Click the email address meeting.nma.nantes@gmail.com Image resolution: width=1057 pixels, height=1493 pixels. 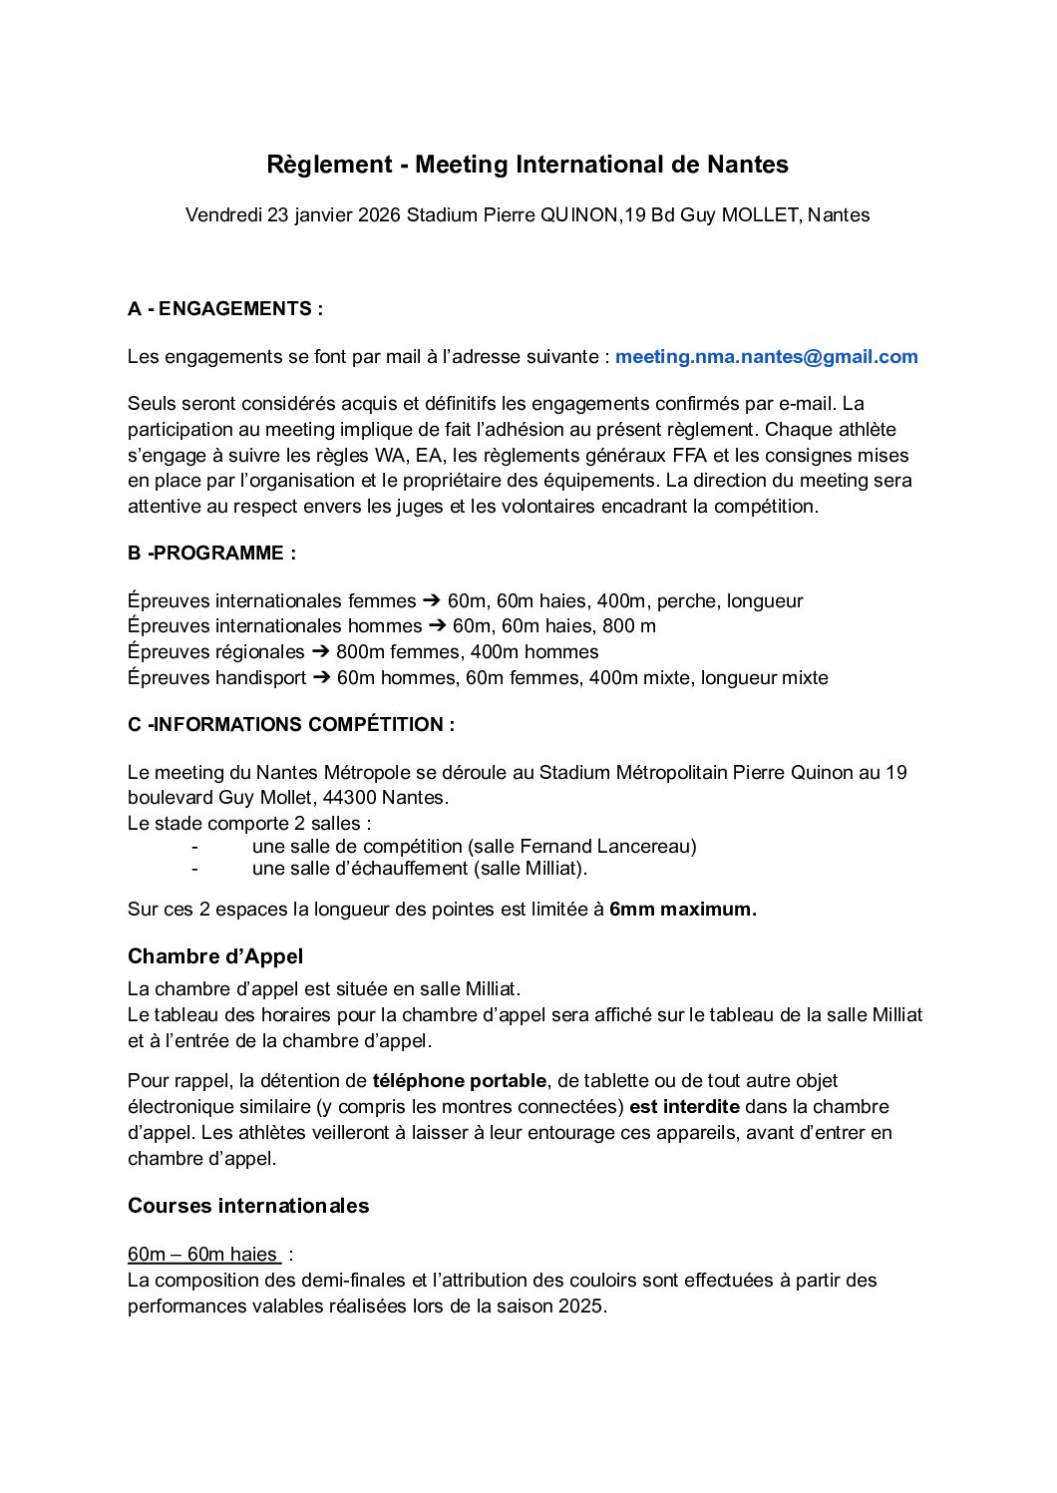pyautogui.click(x=766, y=357)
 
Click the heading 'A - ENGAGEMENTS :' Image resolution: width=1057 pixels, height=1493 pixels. pyautogui.click(x=225, y=309)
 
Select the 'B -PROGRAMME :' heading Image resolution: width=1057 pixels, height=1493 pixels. pyautogui.click(x=211, y=554)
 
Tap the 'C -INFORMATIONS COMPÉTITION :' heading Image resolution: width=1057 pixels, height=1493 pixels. pyautogui.click(x=291, y=725)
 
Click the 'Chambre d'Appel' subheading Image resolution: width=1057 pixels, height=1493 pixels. pyautogui.click(x=215, y=956)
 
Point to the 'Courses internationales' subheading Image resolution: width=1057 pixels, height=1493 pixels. pyautogui.click(x=248, y=1206)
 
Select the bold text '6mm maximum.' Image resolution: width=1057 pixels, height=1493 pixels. pyautogui.click(x=683, y=910)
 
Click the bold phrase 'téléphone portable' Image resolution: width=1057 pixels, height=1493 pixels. pyautogui.click(x=460, y=1081)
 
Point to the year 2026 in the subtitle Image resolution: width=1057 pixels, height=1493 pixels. pyautogui.click(x=379, y=215)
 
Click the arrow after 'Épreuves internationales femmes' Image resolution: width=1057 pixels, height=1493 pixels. pyautogui.click(x=432, y=601)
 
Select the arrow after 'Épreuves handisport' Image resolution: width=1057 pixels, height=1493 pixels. pyautogui.click(x=321, y=678)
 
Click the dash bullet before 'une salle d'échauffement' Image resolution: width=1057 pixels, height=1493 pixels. pyautogui.click(x=193, y=869)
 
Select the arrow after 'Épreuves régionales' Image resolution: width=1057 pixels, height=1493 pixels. pyautogui.click(x=320, y=652)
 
